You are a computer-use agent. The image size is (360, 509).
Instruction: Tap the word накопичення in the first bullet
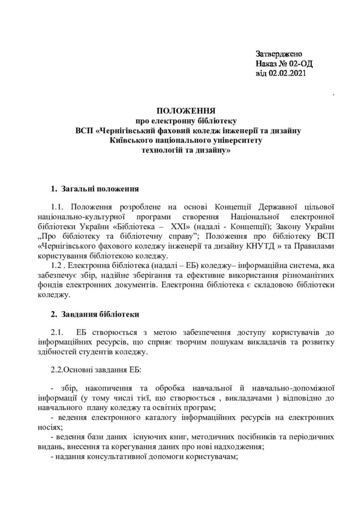(x=107, y=387)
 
